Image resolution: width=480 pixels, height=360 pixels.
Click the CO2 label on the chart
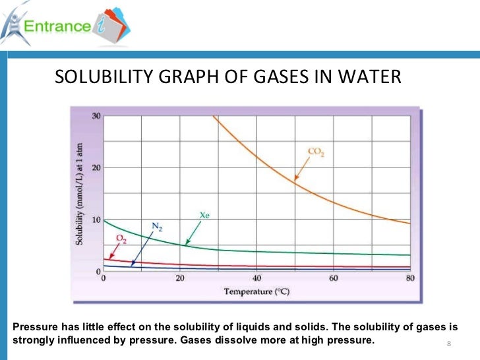[x=316, y=152]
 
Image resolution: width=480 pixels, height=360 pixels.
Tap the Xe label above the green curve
[x=204, y=214]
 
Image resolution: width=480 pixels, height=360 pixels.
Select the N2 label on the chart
[x=156, y=227]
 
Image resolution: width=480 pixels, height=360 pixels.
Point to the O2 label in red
[x=121, y=239]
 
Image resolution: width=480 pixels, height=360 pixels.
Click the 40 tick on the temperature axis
[x=256, y=278]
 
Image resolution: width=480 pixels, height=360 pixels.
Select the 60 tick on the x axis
[x=333, y=278]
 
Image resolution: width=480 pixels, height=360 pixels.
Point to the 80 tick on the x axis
[x=409, y=278]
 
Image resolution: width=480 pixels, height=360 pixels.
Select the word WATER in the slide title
[x=370, y=78]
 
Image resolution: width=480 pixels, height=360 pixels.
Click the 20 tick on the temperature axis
[x=180, y=278]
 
